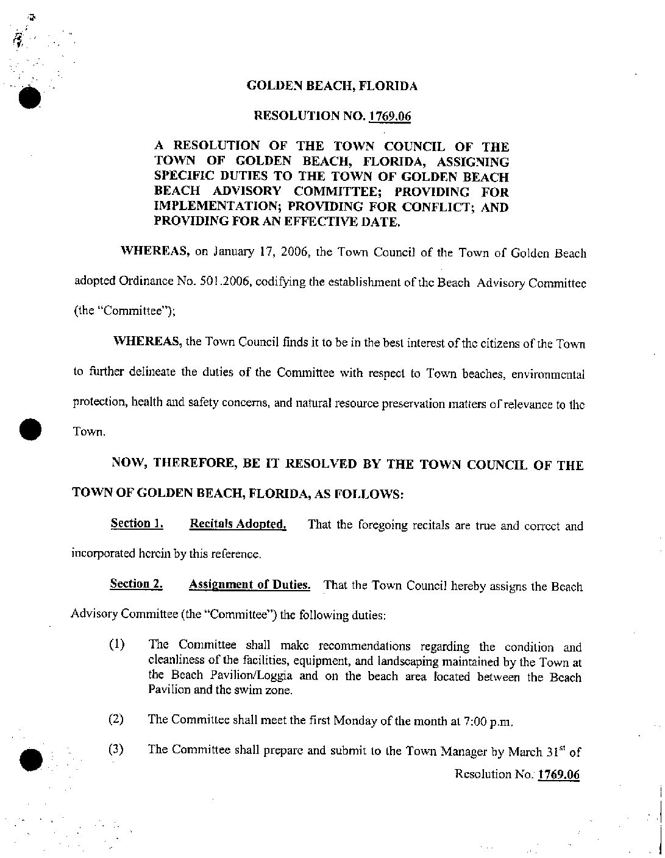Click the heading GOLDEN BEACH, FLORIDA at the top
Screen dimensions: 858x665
coord(332,86)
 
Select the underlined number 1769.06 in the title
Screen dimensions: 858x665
coord(388,116)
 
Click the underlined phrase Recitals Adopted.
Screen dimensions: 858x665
coord(238,524)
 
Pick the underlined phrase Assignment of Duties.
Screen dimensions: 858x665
coord(250,585)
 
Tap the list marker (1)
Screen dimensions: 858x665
coord(116,645)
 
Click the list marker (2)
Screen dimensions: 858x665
coord(116,720)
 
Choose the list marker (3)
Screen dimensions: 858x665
coord(116,750)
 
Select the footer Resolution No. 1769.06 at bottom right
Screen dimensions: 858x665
coord(517,774)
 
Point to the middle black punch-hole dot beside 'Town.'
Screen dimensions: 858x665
coord(28,429)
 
